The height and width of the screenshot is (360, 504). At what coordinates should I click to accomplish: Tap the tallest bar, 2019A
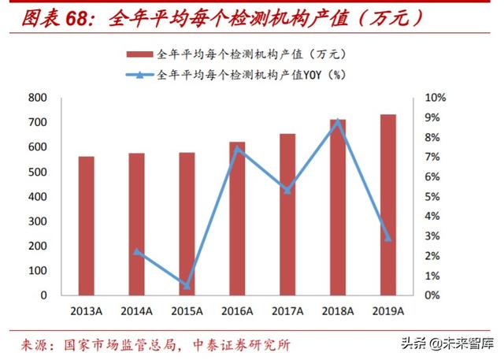point(387,205)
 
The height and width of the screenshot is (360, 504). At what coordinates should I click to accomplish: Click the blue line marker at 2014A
point(137,252)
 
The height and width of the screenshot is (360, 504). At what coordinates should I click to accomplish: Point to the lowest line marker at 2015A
point(187,285)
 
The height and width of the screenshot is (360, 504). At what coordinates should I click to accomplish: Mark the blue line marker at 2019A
point(387,238)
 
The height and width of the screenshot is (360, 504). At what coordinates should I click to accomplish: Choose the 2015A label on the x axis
point(187,311)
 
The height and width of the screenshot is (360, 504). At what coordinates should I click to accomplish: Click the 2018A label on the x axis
point(337,311)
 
